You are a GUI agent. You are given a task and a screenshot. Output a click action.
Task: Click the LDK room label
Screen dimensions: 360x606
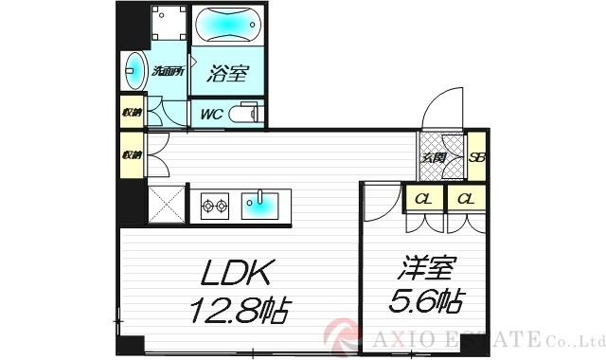239,276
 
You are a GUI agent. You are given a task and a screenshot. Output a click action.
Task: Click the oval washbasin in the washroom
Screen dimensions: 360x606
134,70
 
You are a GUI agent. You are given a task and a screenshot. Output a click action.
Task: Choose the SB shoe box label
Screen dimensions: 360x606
477,157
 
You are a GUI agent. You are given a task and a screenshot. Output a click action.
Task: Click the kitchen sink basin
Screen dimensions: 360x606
258,202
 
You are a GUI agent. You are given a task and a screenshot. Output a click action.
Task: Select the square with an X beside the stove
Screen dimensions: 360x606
168,205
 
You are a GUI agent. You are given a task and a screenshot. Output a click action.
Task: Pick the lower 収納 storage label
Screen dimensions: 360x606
130,153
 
